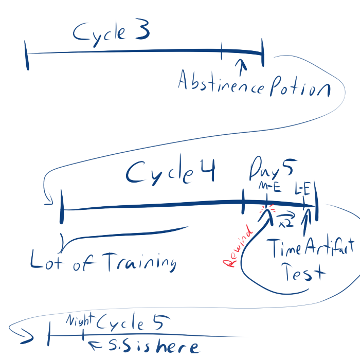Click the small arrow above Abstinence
240,64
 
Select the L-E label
302,190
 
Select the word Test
305,273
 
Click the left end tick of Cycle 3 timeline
26,57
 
